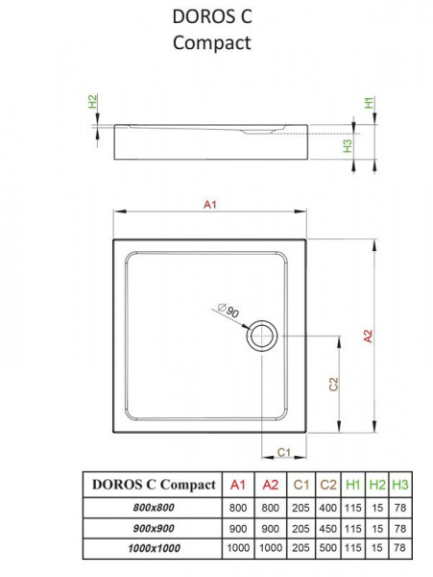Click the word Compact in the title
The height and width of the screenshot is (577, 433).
tap(212, 43)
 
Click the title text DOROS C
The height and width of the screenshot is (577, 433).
tap(212, 16)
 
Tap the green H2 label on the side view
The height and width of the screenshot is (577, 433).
tap(93, 101)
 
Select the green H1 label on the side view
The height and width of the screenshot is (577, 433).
tap(369, 102)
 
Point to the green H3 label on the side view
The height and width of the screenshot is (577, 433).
tap(347, 146)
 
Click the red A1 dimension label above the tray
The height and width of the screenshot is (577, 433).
tap(210, 204)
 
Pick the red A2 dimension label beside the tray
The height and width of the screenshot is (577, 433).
tap(368, 336)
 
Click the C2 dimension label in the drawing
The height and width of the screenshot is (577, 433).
tap(333, 385)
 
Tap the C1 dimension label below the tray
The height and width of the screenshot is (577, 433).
tap(284, 452)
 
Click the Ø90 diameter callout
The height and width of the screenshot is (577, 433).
tap(229, 311)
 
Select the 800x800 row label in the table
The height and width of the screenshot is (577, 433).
tap(154, 508)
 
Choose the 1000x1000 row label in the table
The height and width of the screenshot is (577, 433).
tap(154, 548)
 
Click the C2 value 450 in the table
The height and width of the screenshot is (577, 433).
tap(328, 528)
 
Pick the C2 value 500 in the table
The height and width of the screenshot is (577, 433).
tap(328, 548)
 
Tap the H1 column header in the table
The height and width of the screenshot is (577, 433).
tap(353, 485)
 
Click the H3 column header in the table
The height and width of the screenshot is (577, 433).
tap(400, 485)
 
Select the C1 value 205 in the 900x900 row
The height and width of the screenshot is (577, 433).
tap(301, 528)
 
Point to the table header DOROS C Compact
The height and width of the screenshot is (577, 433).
tap(154, 485)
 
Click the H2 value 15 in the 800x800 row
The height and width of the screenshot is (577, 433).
tap(376, 508)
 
